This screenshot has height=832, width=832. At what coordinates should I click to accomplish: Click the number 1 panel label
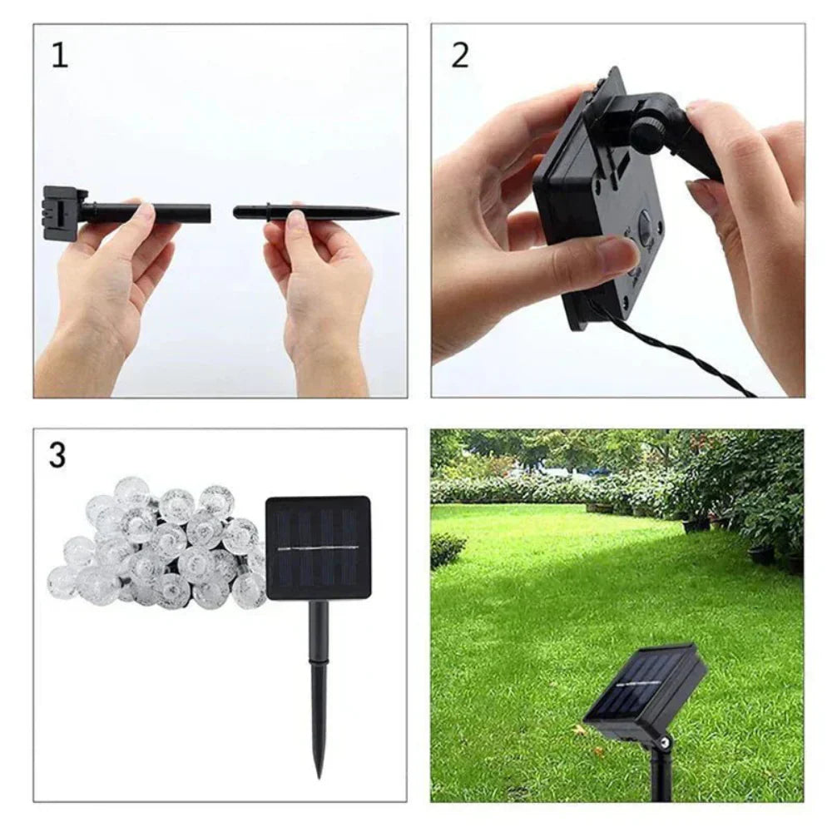(59, 55)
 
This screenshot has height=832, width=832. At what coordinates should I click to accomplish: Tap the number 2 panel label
(460, 55)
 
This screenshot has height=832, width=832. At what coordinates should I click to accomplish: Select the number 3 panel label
(57, 455)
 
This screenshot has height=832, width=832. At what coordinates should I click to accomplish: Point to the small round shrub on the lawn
(447, 549)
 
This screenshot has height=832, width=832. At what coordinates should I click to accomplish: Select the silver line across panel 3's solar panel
(318, 548)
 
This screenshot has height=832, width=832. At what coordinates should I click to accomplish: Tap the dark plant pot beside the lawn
(761, 552)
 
